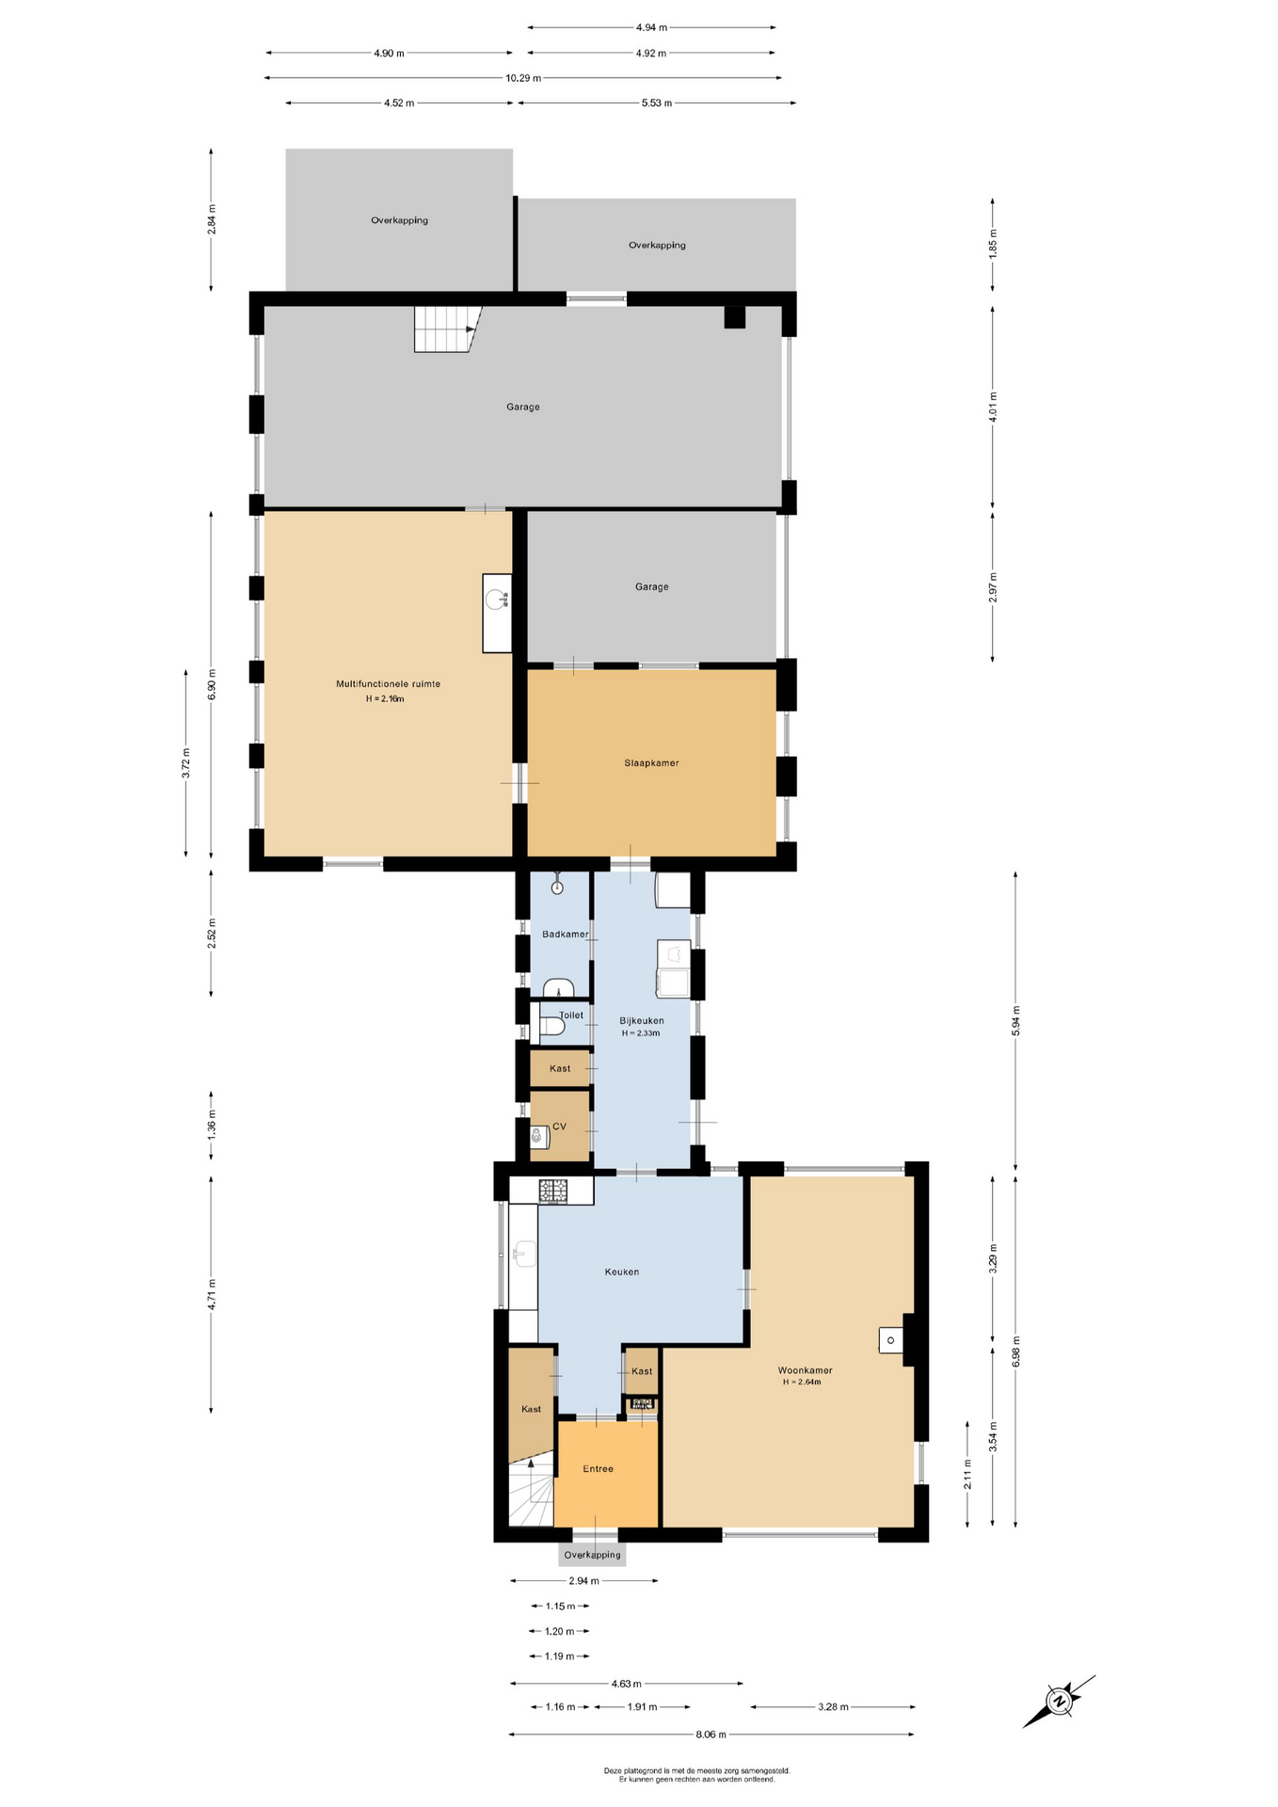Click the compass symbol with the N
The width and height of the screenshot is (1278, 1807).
(1060, 1702)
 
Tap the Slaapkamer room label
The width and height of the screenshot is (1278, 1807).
(651, 763)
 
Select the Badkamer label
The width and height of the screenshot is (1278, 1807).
(566, 935)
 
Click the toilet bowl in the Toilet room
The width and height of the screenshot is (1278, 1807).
(552, 1027)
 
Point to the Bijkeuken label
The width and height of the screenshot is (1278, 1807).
(642, 1021)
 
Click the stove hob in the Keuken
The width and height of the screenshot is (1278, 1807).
(553, 1191)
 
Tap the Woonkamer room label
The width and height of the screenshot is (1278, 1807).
(805, 1370)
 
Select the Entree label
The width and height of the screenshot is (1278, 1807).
(598, 1469)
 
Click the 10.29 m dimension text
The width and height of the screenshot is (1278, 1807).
(523, 78)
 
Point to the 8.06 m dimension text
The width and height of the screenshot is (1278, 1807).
(711, 1734)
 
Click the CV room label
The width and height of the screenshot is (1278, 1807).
(559, 1127)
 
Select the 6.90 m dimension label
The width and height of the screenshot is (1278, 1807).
(212, 684)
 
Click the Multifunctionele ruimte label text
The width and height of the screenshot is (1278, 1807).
(389, 684)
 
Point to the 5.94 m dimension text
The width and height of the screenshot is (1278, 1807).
(1015, 1021)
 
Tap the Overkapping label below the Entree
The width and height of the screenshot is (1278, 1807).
(593, 1555)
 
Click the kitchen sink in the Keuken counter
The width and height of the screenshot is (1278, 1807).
(524, 1255)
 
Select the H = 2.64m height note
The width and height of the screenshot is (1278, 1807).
(802, 1383)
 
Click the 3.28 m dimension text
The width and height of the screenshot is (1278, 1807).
(833, 1706)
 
